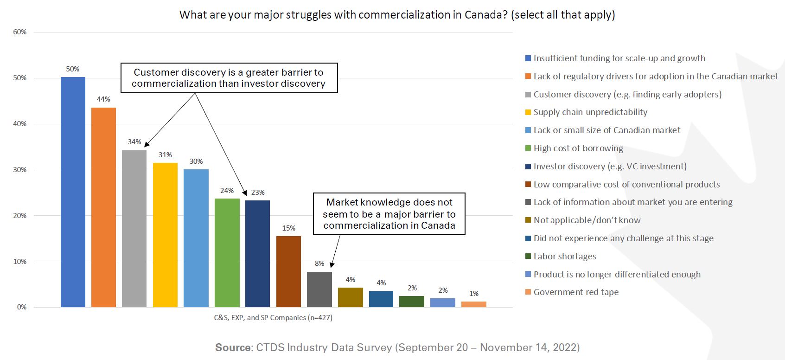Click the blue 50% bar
pos(73,192)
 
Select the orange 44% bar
pos(103,207)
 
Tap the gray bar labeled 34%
pos(134,229)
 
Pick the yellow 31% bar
pos(165,235)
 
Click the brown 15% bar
pos(288,271)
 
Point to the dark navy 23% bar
pos(257,254)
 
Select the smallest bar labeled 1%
pos(473,304)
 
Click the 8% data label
pos(319,264)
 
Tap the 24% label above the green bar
pos(227,191)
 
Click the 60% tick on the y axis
pos(20,32)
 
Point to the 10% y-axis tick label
pos(20,261)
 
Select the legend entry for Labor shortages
pos(564,257)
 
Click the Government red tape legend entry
pos(575,292)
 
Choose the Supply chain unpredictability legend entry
pos(590,112)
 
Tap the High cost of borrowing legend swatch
pos(528,148)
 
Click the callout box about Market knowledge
pos(389,214)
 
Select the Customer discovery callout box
pos(229,78)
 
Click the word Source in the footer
pos(233,347)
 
